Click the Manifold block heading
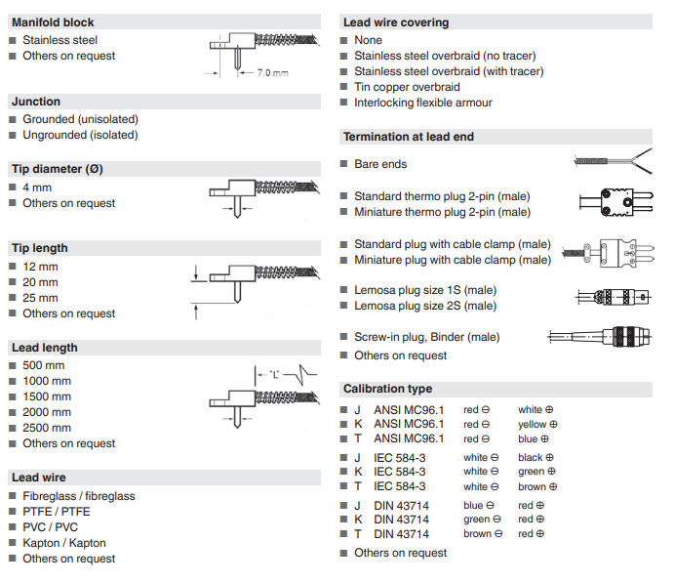(53, 21)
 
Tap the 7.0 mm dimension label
(272, 73)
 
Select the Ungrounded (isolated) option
(80, 135)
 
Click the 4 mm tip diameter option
(37, 187)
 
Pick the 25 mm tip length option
(40, 298)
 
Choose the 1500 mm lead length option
(47, 396)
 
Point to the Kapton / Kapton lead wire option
(64, 543)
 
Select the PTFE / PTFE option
(57, 512)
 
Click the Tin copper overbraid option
(407, 87)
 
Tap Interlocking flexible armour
(422, 103)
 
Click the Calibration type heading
(387, 389)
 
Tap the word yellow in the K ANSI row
(532, 425)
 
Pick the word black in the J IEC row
(531, 457)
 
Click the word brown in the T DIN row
(477, 534)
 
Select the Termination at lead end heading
(408, 137)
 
